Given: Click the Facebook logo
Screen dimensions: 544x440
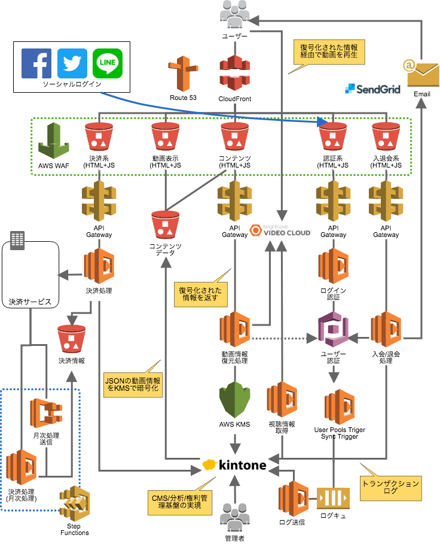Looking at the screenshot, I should (36, 63).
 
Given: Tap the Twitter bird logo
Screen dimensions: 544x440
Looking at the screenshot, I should (72, 63).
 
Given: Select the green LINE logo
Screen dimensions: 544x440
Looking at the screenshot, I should (108, 63).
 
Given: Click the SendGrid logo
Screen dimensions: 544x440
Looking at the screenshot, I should (373, 89).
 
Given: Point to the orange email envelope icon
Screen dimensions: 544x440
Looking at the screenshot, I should (422, 73).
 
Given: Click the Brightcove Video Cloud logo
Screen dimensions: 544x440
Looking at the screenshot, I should (280, 230).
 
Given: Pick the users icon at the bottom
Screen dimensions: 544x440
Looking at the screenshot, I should (234, 516).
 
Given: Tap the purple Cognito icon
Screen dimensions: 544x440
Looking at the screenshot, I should (333, 329).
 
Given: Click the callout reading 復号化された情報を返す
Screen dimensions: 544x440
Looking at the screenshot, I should (200, 293).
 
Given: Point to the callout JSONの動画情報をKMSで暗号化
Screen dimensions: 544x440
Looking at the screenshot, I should (132, 384).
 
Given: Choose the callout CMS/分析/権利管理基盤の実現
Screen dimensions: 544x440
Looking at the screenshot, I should (180, 502).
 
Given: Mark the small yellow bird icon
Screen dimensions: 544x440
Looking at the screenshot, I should (209, 464).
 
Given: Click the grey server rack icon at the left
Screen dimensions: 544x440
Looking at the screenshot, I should (17, 241).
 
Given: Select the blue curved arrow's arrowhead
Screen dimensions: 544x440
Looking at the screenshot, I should (323, 122).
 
